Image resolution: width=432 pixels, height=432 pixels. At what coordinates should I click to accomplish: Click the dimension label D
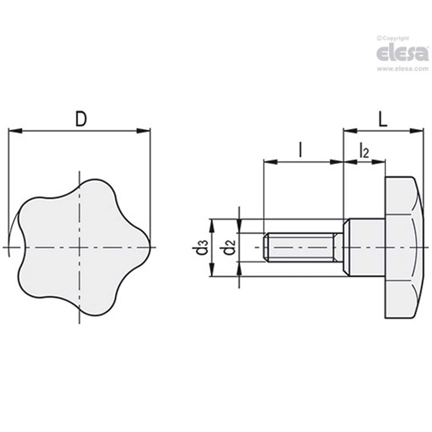[x=81, y=119]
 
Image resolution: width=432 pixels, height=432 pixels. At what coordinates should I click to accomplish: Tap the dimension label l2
[x=364, y=151]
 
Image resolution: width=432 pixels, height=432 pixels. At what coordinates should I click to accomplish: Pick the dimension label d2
[x=230, y=248]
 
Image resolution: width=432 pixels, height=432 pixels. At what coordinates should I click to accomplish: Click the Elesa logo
[x=402, y=53]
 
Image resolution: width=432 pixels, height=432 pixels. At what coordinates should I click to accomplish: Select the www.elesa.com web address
[x=402, y=69]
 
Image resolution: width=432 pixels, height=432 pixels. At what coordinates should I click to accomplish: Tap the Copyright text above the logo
[x=393, y=38]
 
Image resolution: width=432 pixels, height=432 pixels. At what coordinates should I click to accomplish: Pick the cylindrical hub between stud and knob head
[x=367, y=247]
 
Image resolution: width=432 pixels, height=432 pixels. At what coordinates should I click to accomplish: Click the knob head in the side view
[x=404, y=247]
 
